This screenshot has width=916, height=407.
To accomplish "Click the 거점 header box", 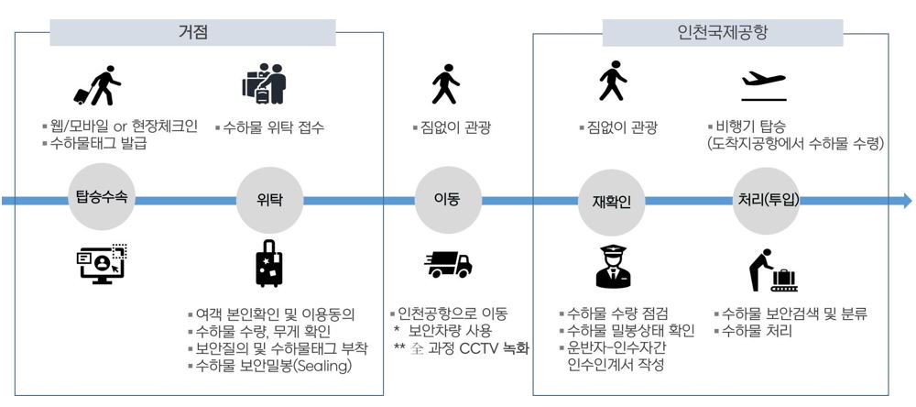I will coord(193,32).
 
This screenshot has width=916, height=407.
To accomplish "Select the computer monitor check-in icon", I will coord(102,264).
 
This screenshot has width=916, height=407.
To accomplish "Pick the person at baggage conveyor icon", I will coord(768,267).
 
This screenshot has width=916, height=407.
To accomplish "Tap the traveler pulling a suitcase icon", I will coord(98,85).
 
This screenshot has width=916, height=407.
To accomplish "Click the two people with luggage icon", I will coord(266,83).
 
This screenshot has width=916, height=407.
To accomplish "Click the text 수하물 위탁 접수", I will coord(273,127).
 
